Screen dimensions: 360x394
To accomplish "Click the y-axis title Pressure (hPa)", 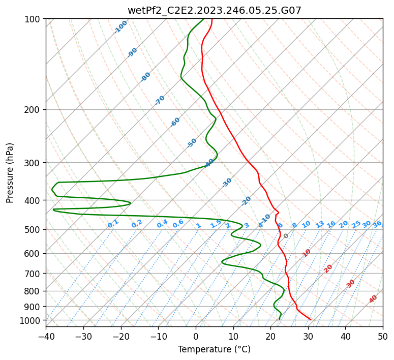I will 10,172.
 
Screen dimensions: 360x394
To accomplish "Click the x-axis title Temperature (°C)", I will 214,350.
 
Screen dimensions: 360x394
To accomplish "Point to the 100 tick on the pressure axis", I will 33,19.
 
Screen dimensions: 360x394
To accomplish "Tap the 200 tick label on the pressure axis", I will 33,110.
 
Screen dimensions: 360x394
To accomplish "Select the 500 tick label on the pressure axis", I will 33,230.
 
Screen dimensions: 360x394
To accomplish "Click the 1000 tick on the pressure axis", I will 31,321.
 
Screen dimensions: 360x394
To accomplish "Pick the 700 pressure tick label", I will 33,274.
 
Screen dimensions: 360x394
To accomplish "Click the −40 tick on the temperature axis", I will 46,337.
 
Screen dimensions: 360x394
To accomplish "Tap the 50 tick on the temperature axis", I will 383,337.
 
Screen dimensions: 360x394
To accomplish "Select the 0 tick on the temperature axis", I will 196,337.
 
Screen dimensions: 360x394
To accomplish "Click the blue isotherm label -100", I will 121,27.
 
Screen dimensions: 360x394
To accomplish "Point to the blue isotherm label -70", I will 160,100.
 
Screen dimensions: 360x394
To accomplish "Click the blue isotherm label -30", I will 227,183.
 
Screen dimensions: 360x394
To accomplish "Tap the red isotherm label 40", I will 373,299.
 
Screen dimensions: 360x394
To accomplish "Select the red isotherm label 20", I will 328,268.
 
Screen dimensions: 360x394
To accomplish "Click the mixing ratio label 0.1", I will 113,224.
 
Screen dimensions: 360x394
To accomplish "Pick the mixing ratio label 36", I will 377,224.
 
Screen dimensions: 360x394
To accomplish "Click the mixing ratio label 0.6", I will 178,224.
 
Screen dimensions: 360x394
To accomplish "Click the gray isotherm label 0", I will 286,236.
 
